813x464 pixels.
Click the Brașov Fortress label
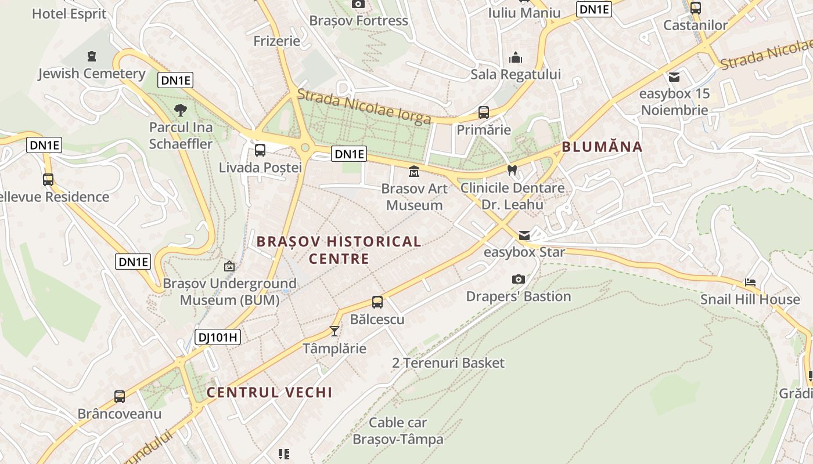click(x=358, y=21)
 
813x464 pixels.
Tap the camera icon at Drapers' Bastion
click(x=519, y=280)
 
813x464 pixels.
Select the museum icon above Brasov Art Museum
click(x=414, y=172)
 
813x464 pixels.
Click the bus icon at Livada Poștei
click(x=260, y=150)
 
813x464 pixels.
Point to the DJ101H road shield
click(x=218, y=337)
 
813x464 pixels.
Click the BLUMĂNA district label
click(x=602, y=147)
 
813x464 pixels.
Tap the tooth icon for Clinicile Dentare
click(x=512, y=171)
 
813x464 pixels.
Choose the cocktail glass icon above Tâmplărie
click(x=334, y=331)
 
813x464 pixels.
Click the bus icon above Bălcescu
click(x=377, y=302)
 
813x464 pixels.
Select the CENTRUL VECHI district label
click(x=269, y=393)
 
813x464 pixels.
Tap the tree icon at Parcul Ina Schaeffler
click(x=181, y=110)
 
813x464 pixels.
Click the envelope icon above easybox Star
click(x=524, y=235)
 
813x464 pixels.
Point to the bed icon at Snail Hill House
click(x=750, y=282)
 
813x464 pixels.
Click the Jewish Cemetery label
click(x=92, y=74)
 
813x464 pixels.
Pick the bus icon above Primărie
click(x=483, y=113)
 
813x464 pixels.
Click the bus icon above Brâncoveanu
click(x=120, y=397)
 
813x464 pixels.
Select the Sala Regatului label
click(x=516, y=74)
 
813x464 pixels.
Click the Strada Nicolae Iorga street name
click(x=364, y=106)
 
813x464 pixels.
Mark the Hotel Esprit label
click(x=69, y=13)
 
